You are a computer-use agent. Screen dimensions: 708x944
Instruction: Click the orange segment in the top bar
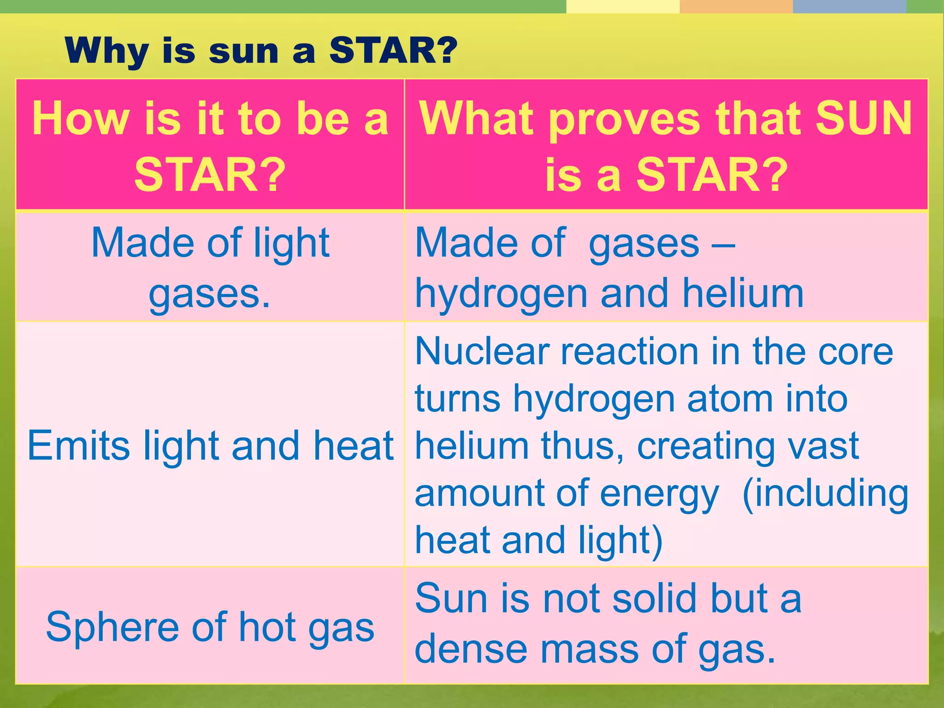point(736,6)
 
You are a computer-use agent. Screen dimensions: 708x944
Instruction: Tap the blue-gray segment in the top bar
point(850,6)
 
